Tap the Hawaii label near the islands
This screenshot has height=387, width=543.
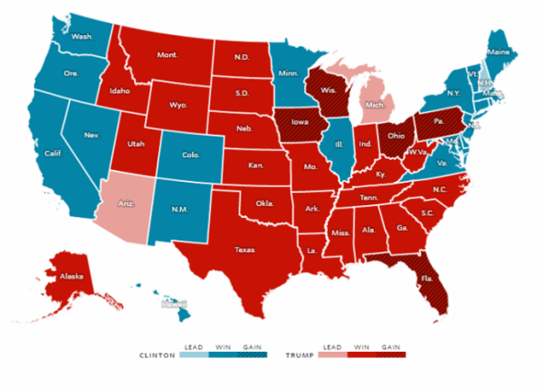(173, 306)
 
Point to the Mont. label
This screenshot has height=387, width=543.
(167, 55)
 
